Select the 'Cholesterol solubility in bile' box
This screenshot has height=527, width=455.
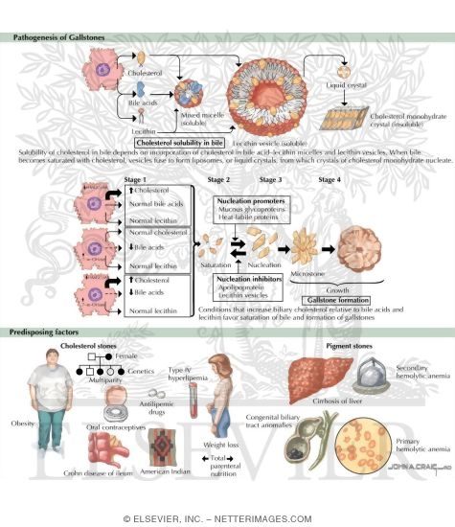coord(183,142)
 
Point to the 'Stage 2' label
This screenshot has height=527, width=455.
coord(218,179)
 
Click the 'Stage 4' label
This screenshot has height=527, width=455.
coord(330,179)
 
